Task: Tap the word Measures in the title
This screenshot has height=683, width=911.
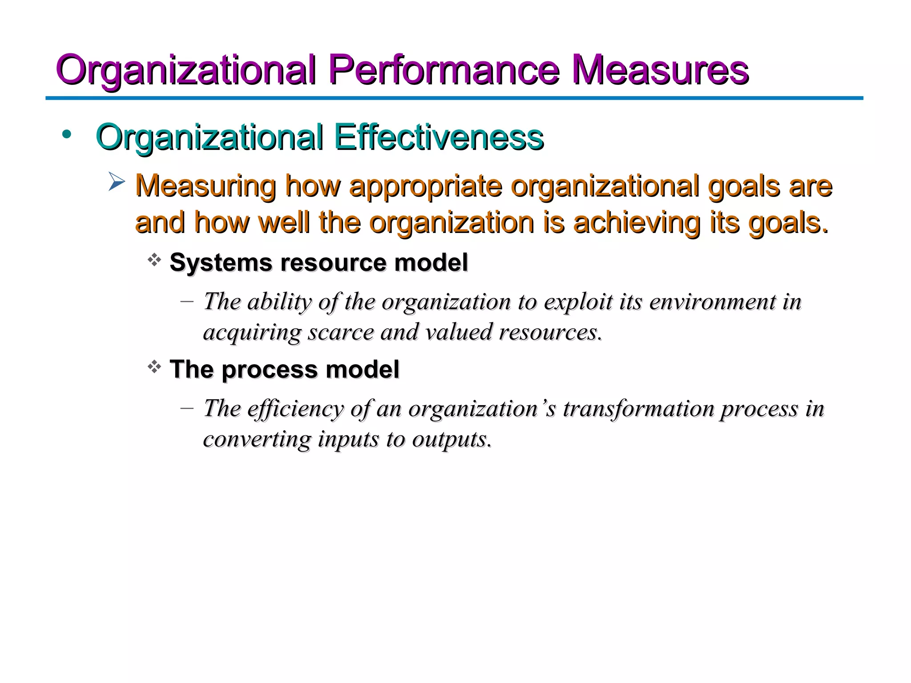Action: tap(660, 70)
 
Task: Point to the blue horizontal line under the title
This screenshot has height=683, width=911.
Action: tap(454, 98)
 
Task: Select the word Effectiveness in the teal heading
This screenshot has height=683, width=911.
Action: tap(439, 137)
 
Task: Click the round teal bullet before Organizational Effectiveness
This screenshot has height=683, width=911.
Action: tap(67, 134)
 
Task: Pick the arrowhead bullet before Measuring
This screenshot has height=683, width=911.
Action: tap(117, 182)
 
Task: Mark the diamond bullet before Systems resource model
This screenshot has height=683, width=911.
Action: tap(154, 260)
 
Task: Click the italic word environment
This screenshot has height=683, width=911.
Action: tap(712, 302)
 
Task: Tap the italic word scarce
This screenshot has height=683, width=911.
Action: tap(341, 332)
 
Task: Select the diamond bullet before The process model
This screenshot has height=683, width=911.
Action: tap(154, 367)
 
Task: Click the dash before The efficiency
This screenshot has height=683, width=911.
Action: tap(187, 408)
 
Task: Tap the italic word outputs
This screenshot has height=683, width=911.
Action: tap(452, 439)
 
